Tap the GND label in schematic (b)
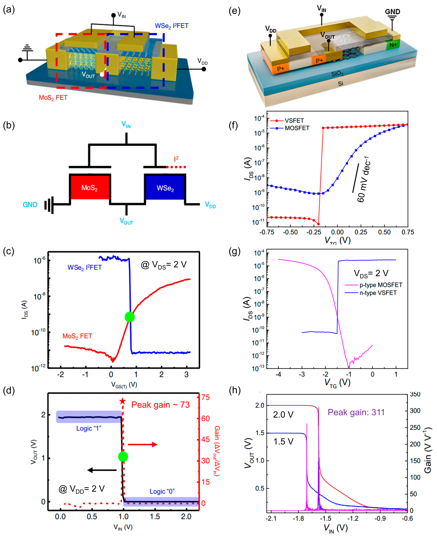tap(30, 205)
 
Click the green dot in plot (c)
tap(130, 317)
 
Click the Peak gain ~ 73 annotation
tap(160, 405)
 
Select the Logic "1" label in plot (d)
tap(89, 428)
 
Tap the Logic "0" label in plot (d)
tap(162, 491)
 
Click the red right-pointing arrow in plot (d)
tap(142, 445)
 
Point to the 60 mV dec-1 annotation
tap(364, 179)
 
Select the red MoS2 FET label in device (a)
tap(53, 98)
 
